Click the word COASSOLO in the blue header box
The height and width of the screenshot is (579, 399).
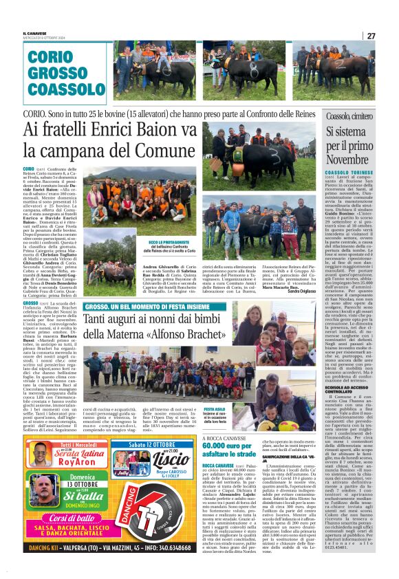click(x=61, y=89)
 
